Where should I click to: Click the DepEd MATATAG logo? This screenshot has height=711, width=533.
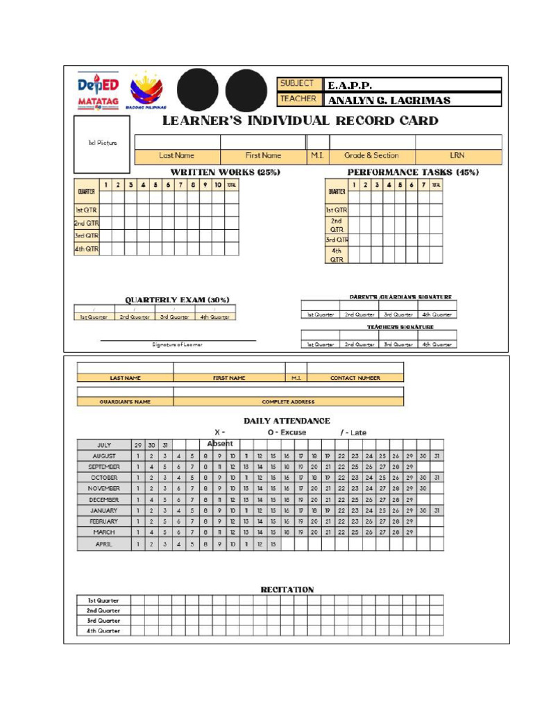tap(98, 91)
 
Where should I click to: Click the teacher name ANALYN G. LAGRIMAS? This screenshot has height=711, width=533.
tap(389, 101)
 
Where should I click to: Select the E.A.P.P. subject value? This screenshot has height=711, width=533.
tap(350, 85)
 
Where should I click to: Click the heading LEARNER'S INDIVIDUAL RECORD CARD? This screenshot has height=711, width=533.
tap(300, 121)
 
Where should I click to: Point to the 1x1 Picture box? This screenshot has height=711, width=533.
tap(102, 144)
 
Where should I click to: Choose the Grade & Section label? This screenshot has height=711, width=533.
tap(371, 156)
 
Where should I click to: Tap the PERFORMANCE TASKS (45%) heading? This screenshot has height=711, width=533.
tap(413, 172)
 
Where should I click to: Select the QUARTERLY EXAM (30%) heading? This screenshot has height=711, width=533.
tap(177, 300)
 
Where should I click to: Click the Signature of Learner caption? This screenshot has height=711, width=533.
tap(178, 344)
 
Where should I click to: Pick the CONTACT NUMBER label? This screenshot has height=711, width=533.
tap(355, 378)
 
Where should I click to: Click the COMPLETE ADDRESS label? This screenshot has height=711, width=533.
tap(288, 401)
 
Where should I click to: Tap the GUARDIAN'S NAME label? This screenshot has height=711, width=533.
tap(125, 401)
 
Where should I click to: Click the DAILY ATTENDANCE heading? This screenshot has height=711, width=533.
tap(287, 421)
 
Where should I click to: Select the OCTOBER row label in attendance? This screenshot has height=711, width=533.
tap(104, 478)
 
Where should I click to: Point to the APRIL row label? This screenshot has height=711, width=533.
tap(104, 545)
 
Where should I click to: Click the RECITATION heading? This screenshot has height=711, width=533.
tap(287, 589)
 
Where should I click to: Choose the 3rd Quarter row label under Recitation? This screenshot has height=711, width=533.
tap(103, 621)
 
